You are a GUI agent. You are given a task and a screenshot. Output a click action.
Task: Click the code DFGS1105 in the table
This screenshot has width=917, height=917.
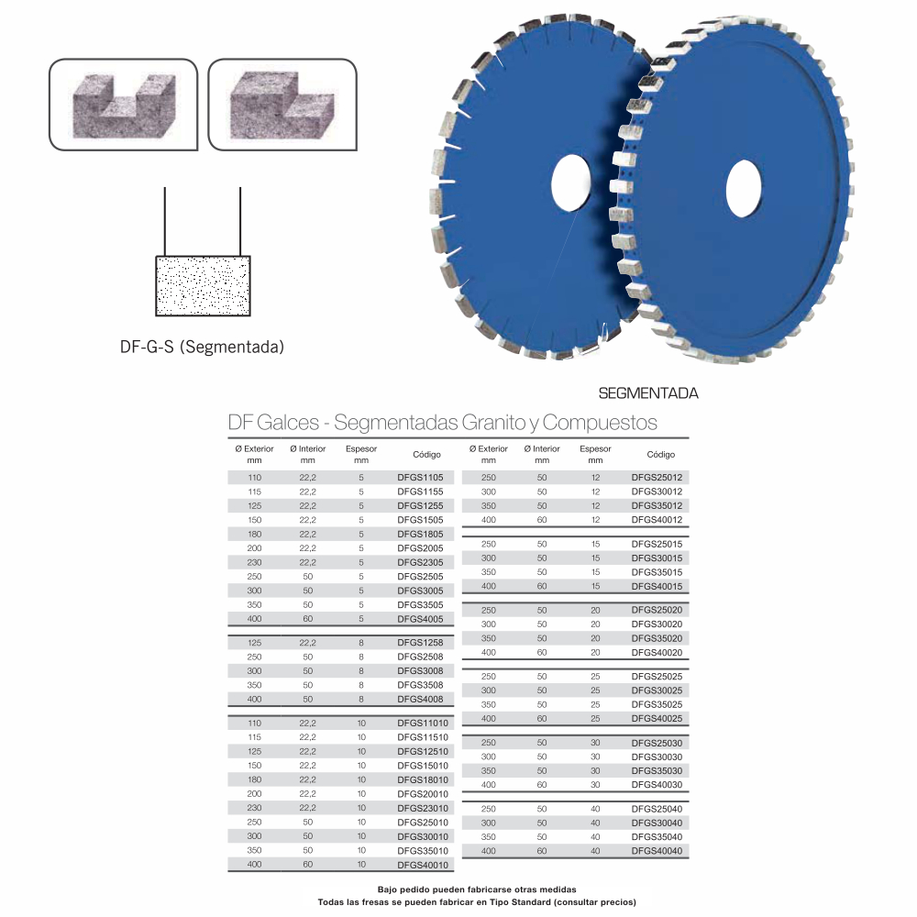tap(420, 477)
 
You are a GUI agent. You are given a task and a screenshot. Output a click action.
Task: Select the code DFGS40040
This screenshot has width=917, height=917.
tap(657, 851)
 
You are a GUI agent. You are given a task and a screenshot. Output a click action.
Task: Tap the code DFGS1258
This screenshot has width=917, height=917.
tap(420, 643)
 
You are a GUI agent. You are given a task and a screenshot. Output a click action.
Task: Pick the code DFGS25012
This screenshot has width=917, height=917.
tap(657, 477)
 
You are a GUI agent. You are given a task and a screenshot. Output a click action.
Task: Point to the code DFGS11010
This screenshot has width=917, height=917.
tap(423, 723)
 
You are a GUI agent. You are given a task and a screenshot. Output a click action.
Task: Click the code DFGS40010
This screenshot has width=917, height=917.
tap(423, 865)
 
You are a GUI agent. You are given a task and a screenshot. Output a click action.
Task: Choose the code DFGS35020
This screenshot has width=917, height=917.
tap(657, 638)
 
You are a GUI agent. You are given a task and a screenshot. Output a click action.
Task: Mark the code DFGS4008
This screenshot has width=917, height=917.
tap(420, 700)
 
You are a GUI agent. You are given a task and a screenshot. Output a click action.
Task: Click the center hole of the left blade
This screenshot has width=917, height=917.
tap(571, 182)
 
